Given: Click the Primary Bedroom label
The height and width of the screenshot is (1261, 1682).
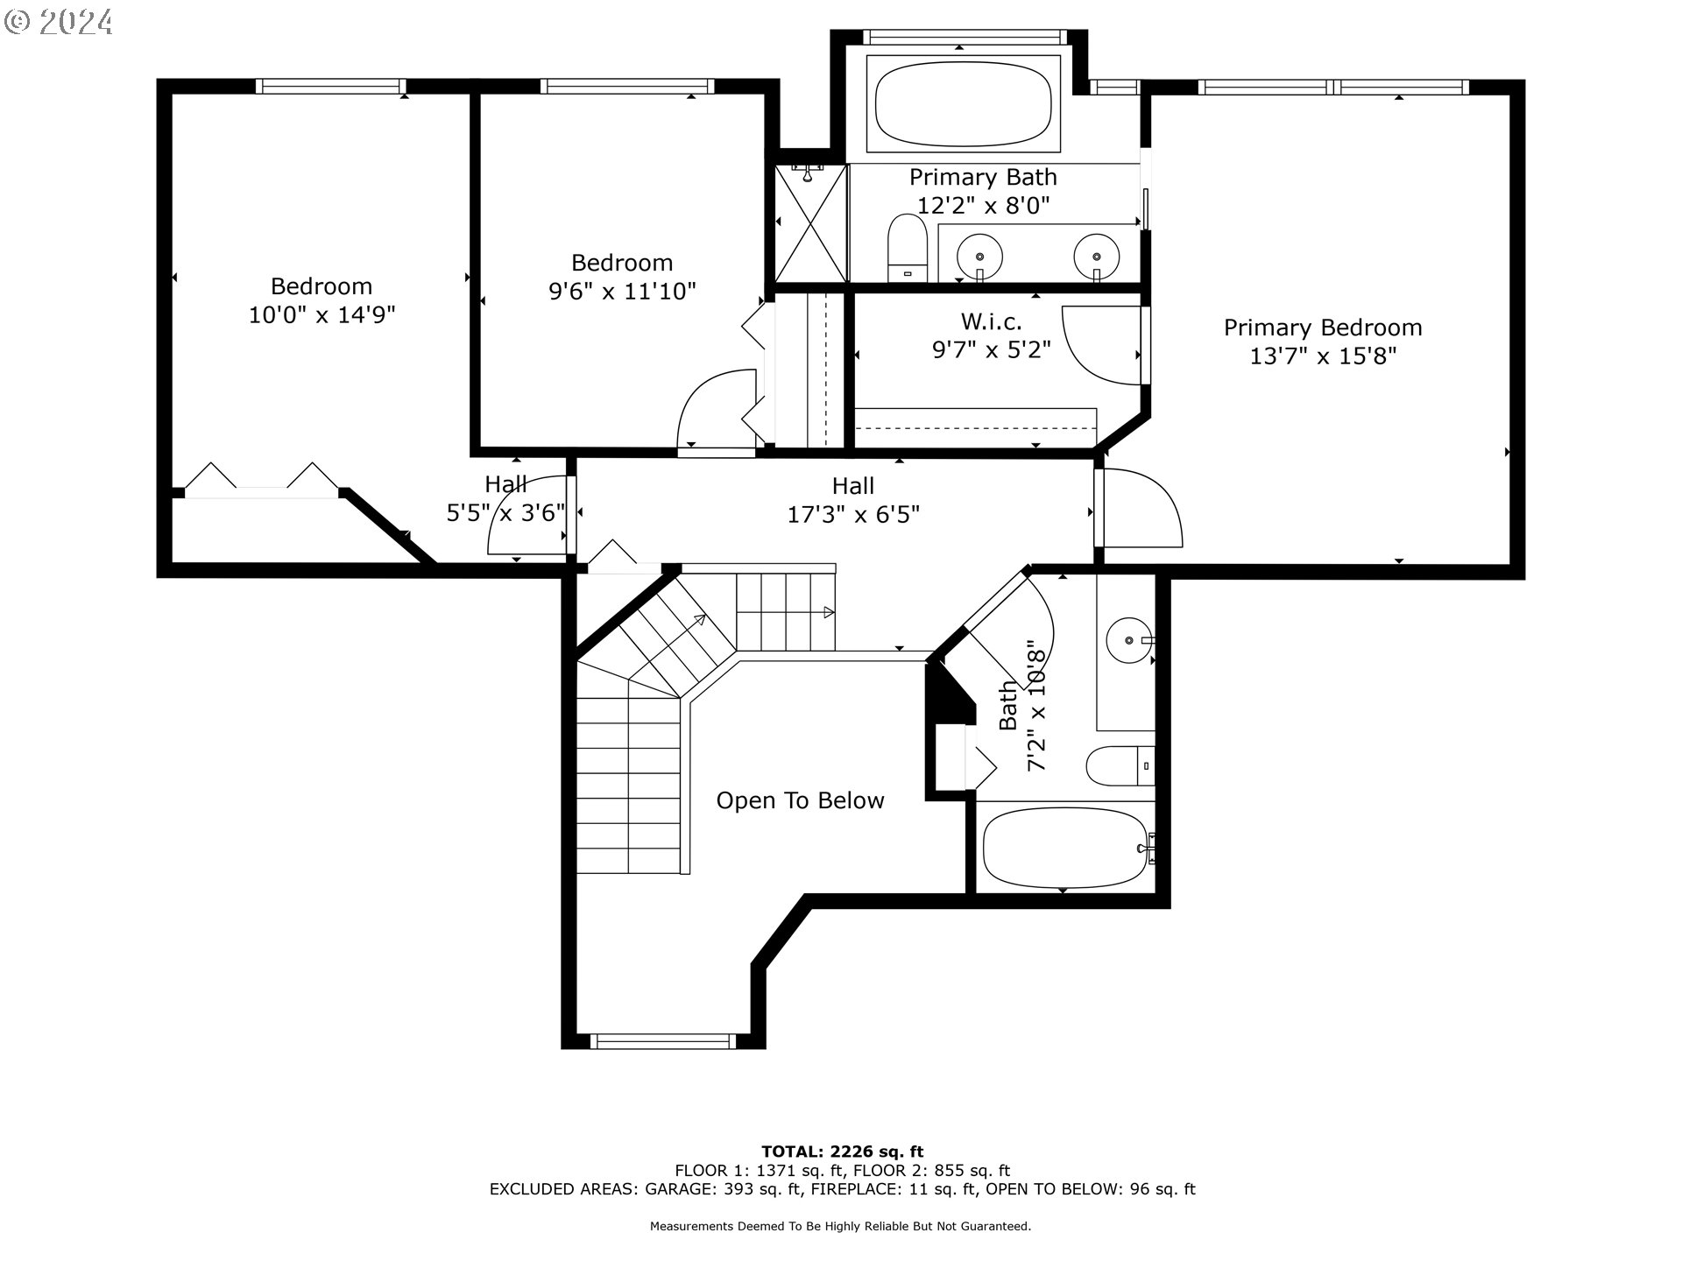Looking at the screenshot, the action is tap(1323, 328).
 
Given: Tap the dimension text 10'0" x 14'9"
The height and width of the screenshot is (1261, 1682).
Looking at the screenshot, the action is tap(322, 314).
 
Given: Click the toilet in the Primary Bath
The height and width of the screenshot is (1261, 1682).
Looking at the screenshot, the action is tap(908, 248).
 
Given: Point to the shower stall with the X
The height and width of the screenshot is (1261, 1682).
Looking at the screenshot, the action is tap(811, 223).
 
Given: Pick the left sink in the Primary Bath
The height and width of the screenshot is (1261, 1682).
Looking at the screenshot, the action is tap(979, 257).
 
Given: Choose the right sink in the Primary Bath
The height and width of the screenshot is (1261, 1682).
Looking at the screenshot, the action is tap(1096, 257).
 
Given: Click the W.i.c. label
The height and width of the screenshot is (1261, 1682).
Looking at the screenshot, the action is tap(991, 321).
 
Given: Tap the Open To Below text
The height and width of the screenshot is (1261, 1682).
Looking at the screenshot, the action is tap(800, 800).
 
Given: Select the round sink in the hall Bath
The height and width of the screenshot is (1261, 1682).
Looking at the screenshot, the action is tap(1129, 640).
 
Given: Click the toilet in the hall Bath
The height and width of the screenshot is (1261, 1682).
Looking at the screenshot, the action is tap(1120, 766).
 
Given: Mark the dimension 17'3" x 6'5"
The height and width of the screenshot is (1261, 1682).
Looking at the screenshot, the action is tap(853, 514).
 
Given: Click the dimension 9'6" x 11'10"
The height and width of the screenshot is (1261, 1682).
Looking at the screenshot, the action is tap(622, 291).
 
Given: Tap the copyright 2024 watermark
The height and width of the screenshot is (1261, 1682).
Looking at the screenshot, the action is tap(58, 21).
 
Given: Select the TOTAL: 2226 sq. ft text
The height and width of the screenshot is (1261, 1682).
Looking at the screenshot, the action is tap(842, 1152).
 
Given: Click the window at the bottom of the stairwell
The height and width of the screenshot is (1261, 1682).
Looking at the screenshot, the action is tap(662, 1041).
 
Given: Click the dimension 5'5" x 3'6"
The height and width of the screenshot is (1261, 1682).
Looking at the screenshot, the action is tap(505, 513).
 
